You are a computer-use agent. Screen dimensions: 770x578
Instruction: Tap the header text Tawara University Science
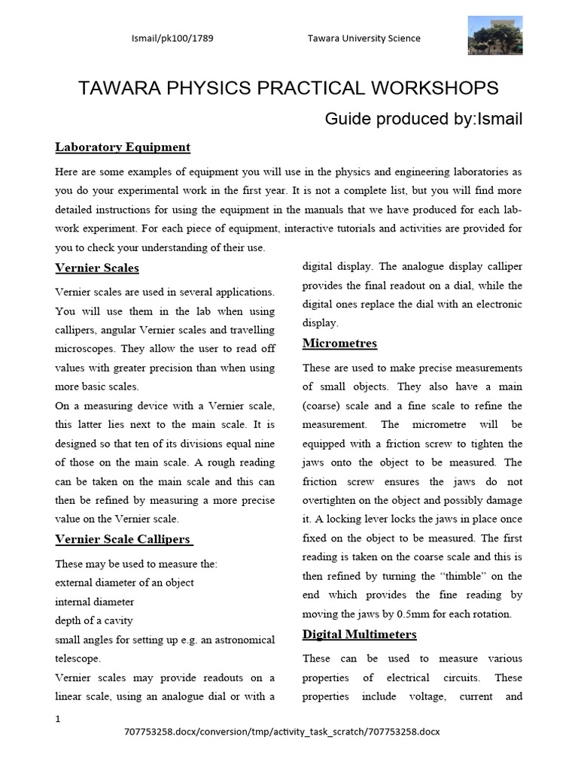(364, 38)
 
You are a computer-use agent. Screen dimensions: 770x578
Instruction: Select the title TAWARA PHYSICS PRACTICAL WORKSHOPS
(289, 88)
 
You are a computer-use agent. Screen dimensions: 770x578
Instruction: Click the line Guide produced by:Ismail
(423, 119)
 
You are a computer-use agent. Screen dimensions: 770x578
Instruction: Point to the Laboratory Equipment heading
(123, 147)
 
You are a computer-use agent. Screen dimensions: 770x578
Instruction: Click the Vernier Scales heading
(97, 268)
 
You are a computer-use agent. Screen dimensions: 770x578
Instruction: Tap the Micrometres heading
(339, 344)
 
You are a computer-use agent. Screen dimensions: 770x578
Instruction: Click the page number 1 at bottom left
(58, 719)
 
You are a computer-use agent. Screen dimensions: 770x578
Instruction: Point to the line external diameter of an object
(124, 583)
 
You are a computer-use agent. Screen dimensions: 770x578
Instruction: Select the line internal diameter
(95, 602)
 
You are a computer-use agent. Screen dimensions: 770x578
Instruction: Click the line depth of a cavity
(94, 620)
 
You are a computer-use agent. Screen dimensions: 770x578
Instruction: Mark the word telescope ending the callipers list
(78, 659)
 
